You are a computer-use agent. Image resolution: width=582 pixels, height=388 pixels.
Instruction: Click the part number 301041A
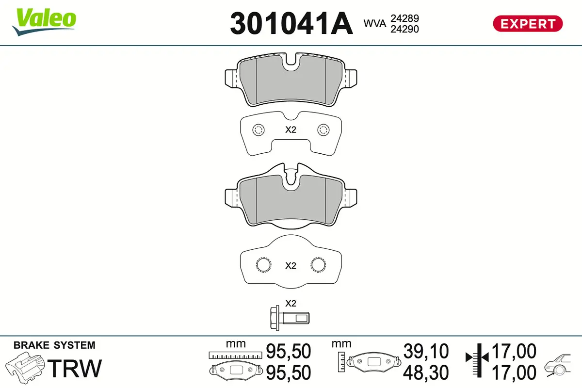[x=291, y=23]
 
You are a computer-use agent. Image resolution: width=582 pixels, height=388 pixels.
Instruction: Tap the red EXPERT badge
[x=528, y=23]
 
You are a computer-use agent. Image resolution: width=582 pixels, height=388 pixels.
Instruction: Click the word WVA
[x=375, y=23]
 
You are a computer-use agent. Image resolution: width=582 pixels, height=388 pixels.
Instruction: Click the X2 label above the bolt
[x=290, y=304]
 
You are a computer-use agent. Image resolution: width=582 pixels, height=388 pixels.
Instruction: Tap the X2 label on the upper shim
[x=290, y=129]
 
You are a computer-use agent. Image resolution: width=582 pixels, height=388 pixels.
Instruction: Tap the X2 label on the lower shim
[x=290, y=265]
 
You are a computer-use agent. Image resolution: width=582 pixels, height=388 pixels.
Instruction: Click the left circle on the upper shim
[x=258, y=129]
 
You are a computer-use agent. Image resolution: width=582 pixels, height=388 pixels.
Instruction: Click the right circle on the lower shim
[x=318, y=265]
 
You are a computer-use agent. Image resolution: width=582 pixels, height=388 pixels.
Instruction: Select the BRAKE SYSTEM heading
[x=54, y=345]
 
